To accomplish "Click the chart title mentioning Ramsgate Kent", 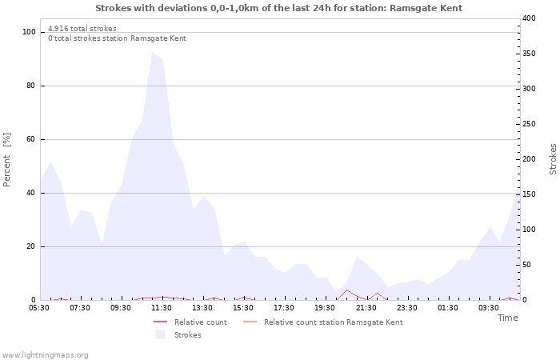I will coord(278,8).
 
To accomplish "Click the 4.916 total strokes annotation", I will coord(82,29).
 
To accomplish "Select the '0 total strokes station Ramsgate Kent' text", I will coord(117,38).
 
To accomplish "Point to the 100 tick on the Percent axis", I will coord(30,32).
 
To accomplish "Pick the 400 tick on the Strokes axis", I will coord(529,18).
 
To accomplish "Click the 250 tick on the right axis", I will coord(529,124).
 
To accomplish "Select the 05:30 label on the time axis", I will coord(39,308).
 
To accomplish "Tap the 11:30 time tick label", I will coord(162,308).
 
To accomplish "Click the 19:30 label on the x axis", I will coord(325,308).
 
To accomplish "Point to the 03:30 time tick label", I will coord(488,308).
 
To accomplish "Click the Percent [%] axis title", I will coord(7,159).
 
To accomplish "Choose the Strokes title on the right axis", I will coord(553,159).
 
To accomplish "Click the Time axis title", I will coord(507,318).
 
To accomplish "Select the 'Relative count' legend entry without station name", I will coord(200,322).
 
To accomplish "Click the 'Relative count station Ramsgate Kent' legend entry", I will coord(333,322).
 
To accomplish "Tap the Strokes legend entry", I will coord(187,335).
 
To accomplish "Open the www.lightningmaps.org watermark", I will coord(45,355).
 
